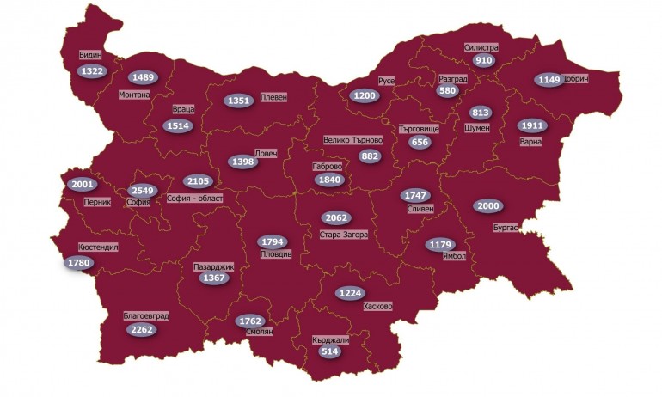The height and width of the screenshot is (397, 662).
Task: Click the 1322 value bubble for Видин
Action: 91,71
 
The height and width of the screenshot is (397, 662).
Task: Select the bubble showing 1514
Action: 179,126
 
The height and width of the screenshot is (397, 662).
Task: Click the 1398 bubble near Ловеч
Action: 242,162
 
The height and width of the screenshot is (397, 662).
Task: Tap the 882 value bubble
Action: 371,156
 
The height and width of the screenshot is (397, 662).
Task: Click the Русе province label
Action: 386,81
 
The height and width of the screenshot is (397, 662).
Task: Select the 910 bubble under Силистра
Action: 484,61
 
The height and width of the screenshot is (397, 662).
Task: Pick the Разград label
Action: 452,78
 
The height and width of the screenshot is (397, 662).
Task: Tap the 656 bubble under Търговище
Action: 420,143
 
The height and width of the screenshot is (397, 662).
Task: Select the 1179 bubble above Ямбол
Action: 439,245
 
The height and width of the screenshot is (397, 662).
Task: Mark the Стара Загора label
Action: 343,234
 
